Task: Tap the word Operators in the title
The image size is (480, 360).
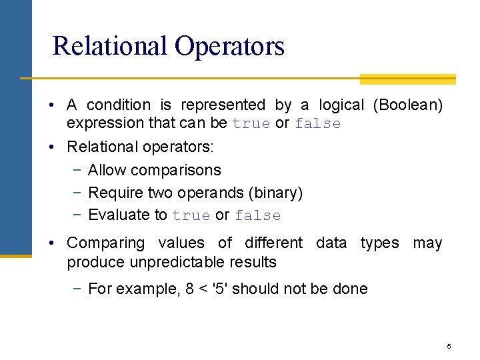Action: [x=229, y=46]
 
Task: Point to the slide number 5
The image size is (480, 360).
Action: [x=449, y=346]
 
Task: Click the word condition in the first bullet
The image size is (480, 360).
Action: [x=119, y=105]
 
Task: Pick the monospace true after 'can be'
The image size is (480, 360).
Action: [x=251, y=124]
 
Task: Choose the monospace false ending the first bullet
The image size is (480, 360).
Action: [x=317, y=124]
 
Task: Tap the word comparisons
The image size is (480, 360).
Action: [x=176, y=170]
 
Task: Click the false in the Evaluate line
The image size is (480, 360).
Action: [x=258, y=215]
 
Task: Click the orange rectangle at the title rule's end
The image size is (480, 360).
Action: [x=407, y=79]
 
